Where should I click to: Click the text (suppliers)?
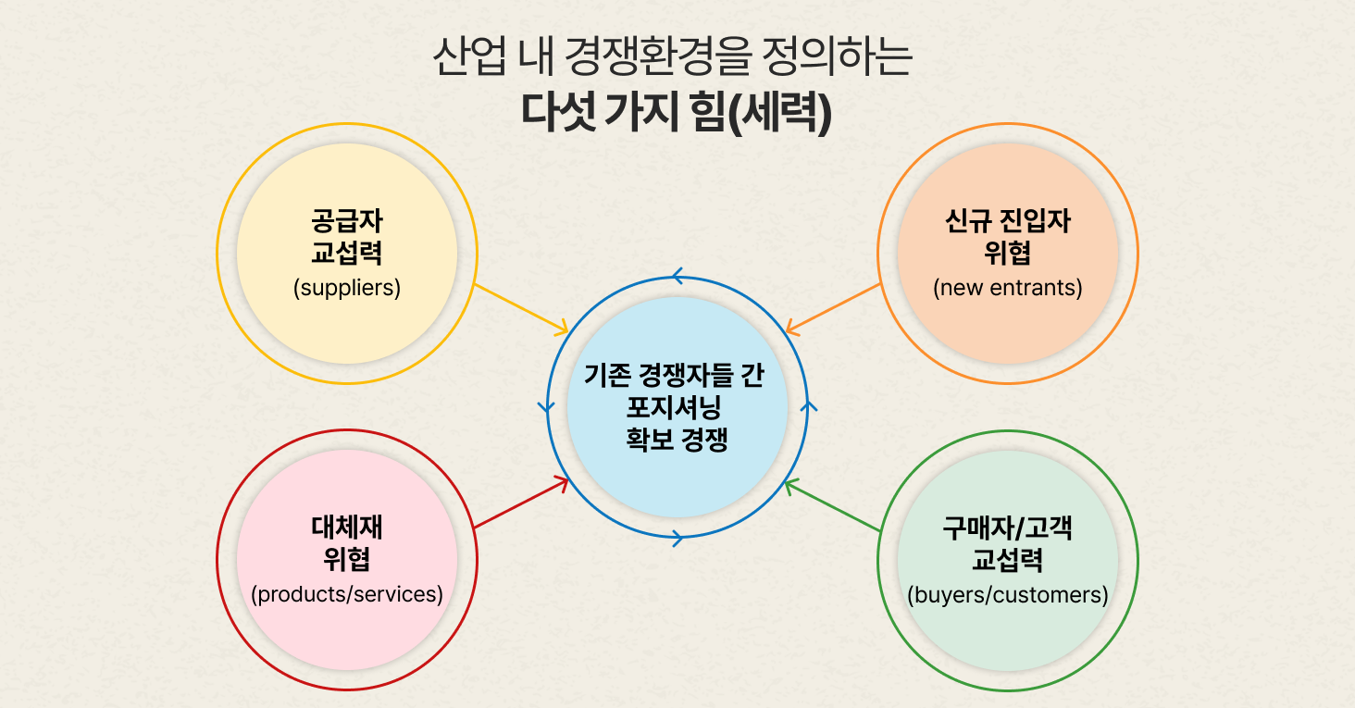[x=347, y=288]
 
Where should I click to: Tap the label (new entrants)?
[x=1008, y=288]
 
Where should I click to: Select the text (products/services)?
[x=347, y=594]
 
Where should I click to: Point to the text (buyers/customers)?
[x=1008, y=594]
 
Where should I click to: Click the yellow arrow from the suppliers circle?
[x=521, y=308]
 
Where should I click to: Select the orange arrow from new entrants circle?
[x=832, y=307]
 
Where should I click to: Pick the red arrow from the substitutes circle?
[x=521, y=503]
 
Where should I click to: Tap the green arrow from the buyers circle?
[x=832, y=505]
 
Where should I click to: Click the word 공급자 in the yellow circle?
[x=347, y=222]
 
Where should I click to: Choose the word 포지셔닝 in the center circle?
[x=677, y=408]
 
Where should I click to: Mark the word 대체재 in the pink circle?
[x=347, y=528]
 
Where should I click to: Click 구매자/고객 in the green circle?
[x=1008, y=528]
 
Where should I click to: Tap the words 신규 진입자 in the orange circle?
[x=1008, y=222]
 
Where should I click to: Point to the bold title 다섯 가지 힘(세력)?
[x=677, y=112]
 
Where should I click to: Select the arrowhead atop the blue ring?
[x=677, y=276]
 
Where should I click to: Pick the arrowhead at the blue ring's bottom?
[x=677, y=538]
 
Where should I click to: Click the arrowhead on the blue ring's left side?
[x=546, y=406]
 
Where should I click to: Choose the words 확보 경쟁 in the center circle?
[x=677, y=440]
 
